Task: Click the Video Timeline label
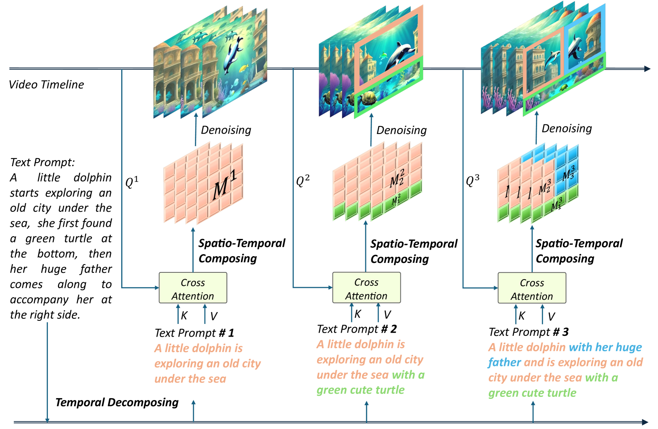(x=46, y=84)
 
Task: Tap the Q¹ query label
(x=132, y=182)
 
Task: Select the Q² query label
(x=303, y=181)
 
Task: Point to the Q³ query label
(x=472, y=180)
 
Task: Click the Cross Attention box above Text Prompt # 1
(x=193, y=288)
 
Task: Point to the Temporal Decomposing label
(x=117, y=402)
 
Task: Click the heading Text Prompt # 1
(x=194, y=333)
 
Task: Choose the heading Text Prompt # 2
(x=357, y=329)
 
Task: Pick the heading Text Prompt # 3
(x=528, y=332)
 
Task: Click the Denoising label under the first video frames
(x=226, y=130)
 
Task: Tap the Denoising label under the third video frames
(x=566, y=128)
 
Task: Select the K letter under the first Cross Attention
(x=184, y=316)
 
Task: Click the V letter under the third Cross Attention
(x=551, y=316)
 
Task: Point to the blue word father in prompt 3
(x=504, y=362)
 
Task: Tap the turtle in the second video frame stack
(x=369, y=97)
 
